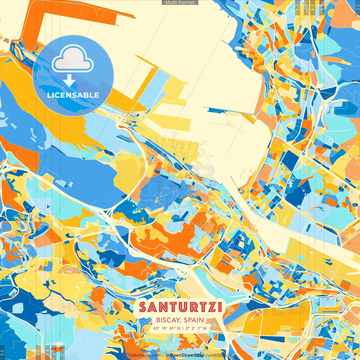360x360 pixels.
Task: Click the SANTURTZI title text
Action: click(181, 307)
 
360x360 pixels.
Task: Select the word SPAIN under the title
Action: click(194, 320)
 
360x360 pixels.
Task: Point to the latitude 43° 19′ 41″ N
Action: click(166, 328)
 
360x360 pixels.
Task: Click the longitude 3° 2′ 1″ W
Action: click(196, 328)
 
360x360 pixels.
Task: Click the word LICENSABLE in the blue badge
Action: click(73, 95)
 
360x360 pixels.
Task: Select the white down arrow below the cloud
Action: click(69, 81)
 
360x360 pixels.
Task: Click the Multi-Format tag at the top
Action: click(180, 3)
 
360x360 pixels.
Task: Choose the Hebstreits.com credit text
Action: click(145, 355)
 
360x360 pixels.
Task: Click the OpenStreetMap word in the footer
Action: click(187, 355)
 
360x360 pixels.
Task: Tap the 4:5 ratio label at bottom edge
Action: click(38, 352)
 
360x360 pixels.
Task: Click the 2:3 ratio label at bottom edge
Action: click(62, 352)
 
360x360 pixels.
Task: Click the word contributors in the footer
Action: click(218, 355)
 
